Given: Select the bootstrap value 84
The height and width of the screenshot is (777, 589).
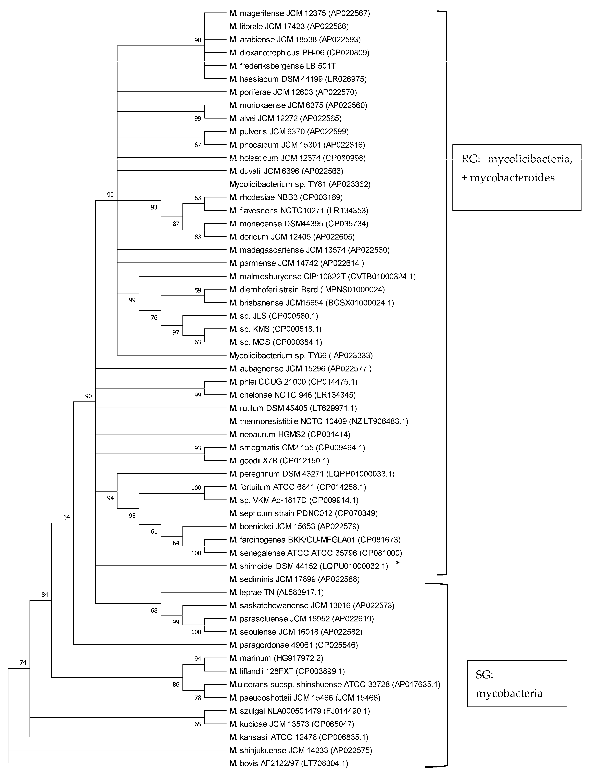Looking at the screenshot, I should point(45,595).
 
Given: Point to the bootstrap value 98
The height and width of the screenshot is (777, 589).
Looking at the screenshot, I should point(198,40).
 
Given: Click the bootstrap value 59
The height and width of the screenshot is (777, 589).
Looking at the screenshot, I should point(198,290).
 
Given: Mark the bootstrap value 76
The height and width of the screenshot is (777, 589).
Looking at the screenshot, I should point(154,318).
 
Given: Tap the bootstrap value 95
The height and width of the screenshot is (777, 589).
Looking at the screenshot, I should point(132,516).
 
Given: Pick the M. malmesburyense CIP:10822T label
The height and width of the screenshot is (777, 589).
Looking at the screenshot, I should point(322,276).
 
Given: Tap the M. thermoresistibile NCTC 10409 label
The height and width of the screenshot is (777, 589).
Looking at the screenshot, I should point(319,421).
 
